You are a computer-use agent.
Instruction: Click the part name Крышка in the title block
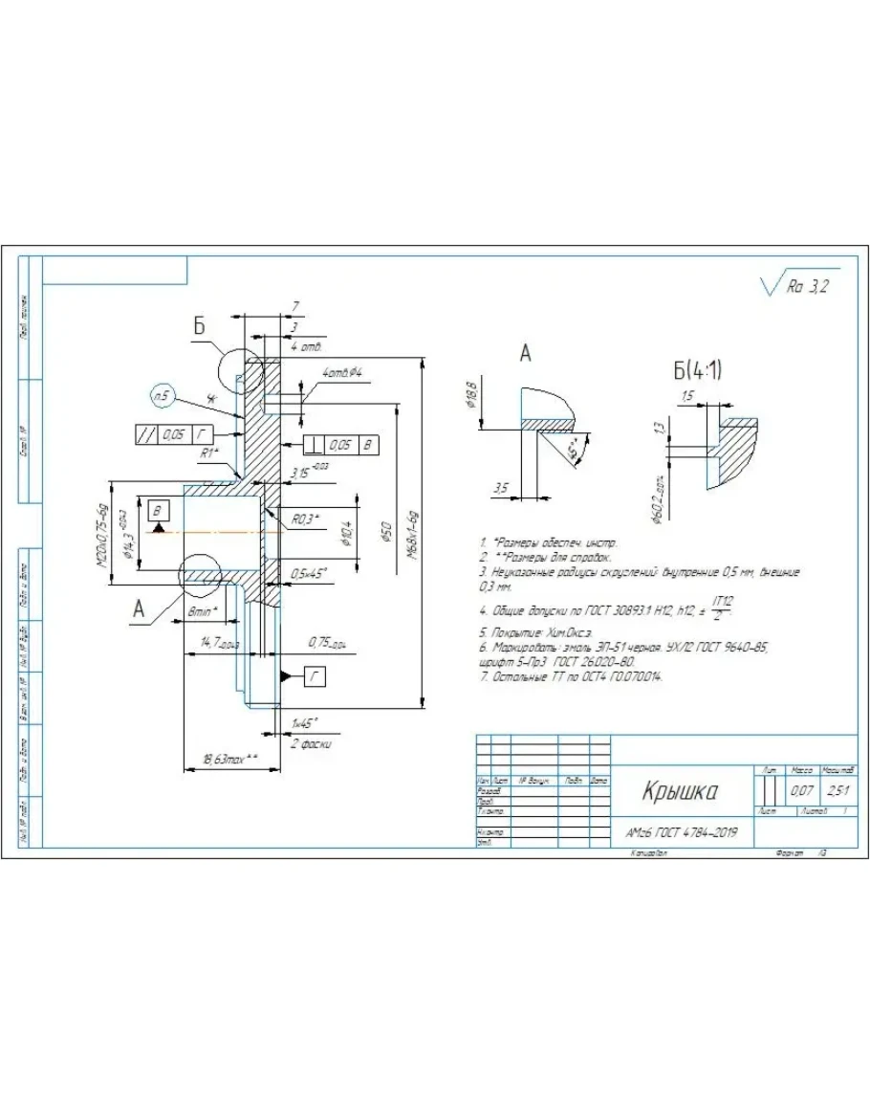(x=681, y=791)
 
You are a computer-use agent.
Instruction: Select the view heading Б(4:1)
(x=697, y=369)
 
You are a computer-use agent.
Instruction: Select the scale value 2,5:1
(x=837, y=792)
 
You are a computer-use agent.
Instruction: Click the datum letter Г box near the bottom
(x=313, y=676)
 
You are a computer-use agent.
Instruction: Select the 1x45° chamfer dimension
(x=305, y=721)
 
